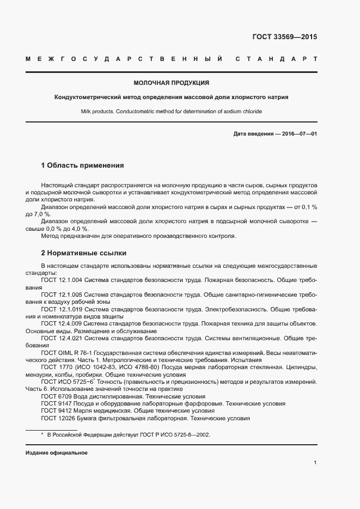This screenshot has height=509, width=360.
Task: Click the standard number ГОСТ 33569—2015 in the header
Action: click(x=284, y=37)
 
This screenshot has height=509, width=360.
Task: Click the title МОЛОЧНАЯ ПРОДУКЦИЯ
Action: click(x=172, y=83)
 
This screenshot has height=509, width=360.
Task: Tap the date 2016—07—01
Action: click(x=298, y=133)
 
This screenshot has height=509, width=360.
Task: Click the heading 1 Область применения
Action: click(x=82, y=165)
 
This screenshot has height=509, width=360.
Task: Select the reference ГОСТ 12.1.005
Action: click(x=61, y=294)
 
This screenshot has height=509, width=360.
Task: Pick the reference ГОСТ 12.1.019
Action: click(x=61, y=309)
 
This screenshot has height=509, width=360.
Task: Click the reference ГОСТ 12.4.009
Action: click(x=61, y=323)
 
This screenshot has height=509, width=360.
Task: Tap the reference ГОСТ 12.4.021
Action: click(x=61, y=338)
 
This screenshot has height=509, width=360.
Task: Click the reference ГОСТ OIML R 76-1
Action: click(x=68, y=353)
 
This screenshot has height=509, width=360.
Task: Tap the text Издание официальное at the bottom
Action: click(x=56, y=453)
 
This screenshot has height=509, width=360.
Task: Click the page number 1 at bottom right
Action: click(x=315, y=462)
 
